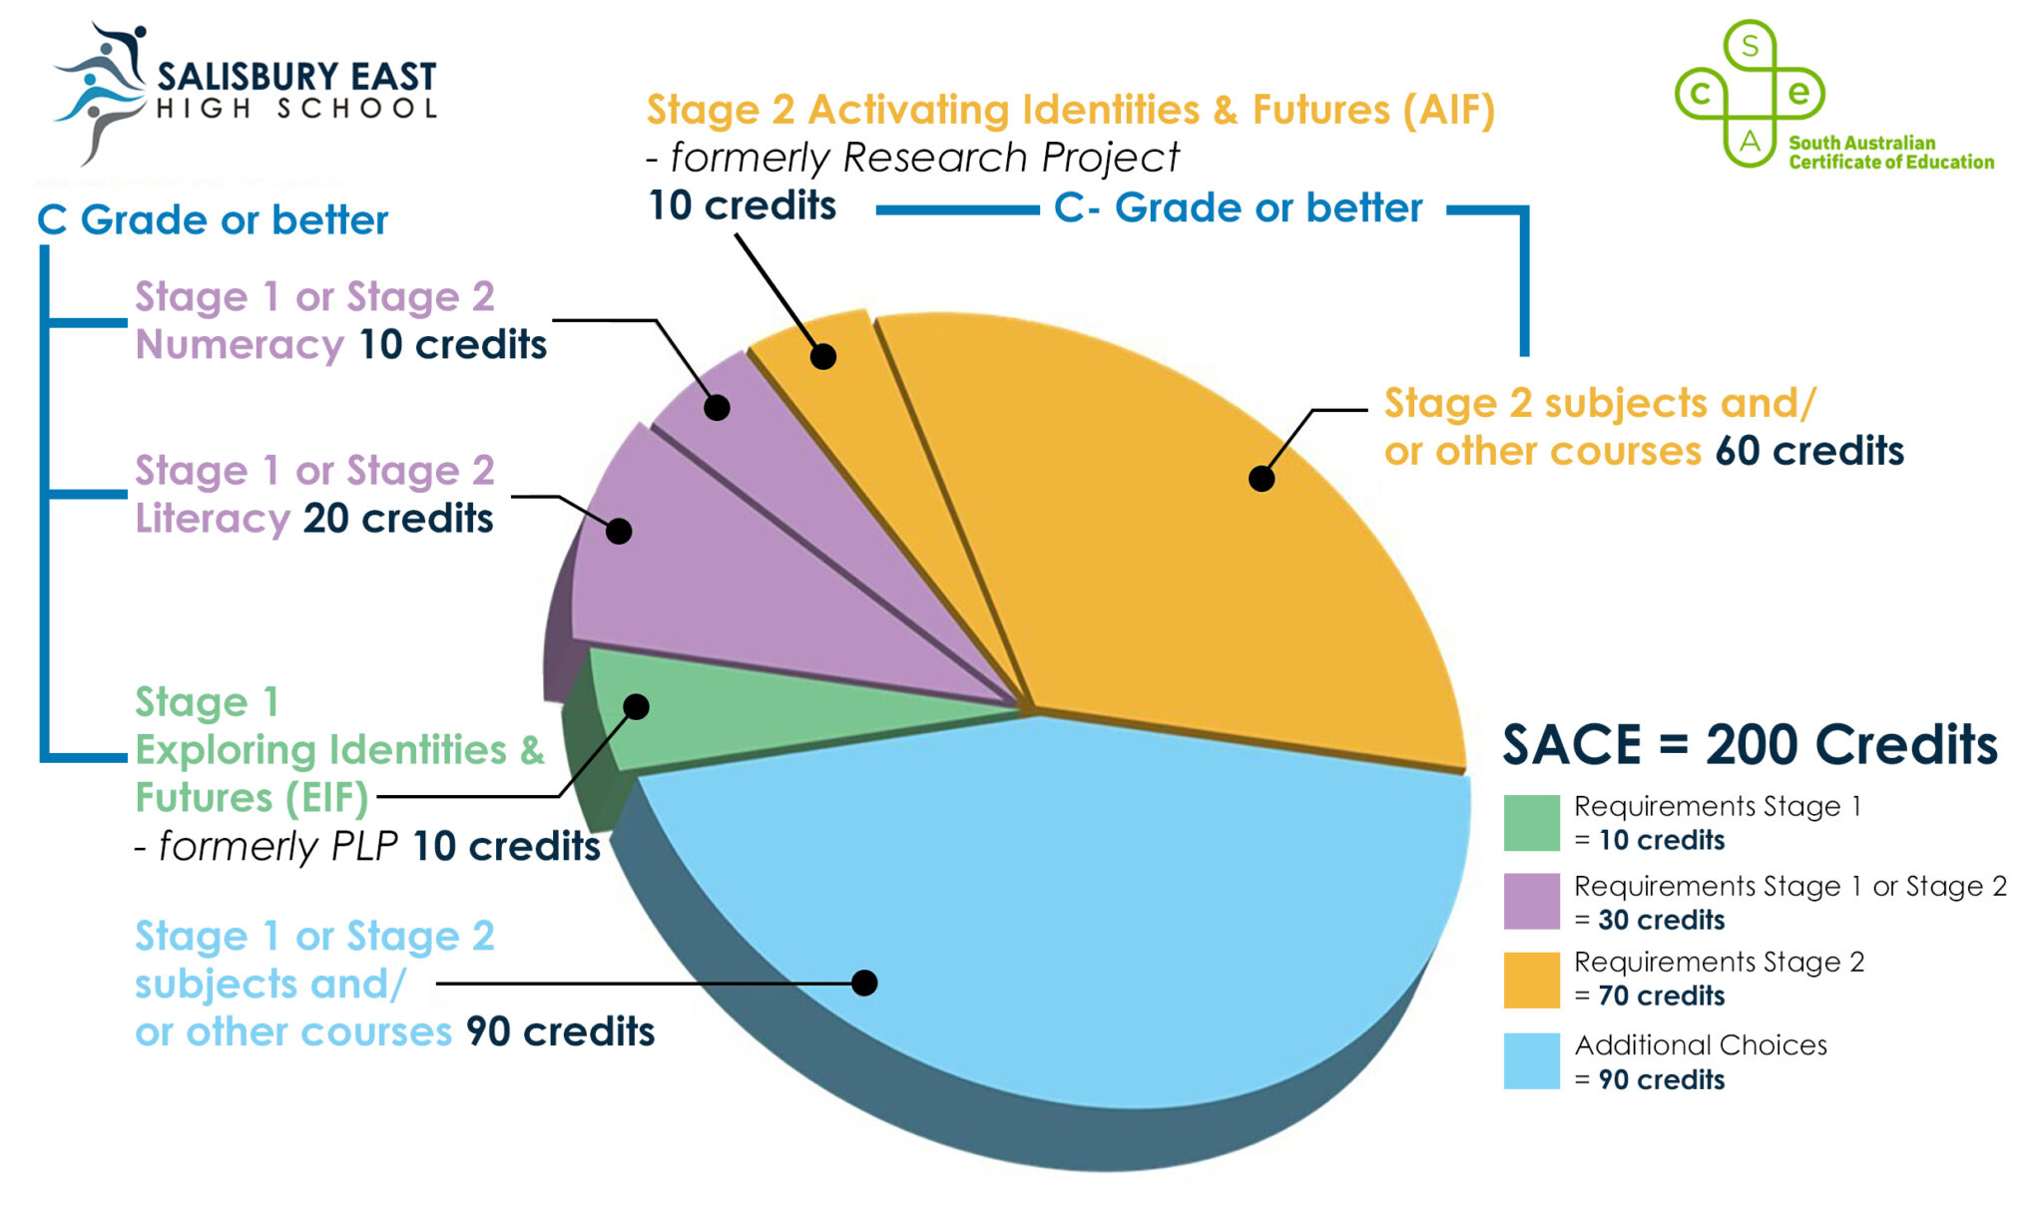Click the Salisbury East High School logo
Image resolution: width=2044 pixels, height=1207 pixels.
tap(245, 92)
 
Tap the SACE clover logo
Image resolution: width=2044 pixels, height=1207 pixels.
tap(1750, 94)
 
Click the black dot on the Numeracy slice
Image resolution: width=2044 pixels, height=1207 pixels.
tap(717, 407)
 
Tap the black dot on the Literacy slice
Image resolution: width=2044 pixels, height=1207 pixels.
tap(619, 531)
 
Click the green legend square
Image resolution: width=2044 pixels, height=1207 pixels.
tap(1531, 823)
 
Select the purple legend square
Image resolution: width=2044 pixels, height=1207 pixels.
tap(1531, 901)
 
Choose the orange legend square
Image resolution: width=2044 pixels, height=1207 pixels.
tap(1531, 980)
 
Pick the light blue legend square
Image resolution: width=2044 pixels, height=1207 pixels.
tap(1531, 1060)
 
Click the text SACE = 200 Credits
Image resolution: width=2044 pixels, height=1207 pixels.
tap(1750, 745)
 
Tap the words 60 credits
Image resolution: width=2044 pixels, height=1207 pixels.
tap(1808, 451)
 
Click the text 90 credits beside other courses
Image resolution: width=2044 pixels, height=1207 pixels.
tap(560, 1031)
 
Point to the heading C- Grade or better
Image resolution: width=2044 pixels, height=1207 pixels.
tap(1238, 208)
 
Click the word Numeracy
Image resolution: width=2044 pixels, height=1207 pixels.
tap(240, 345)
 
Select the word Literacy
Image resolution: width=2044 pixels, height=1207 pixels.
tap(213, 519)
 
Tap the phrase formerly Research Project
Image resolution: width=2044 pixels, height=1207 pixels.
tap(923, 158)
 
